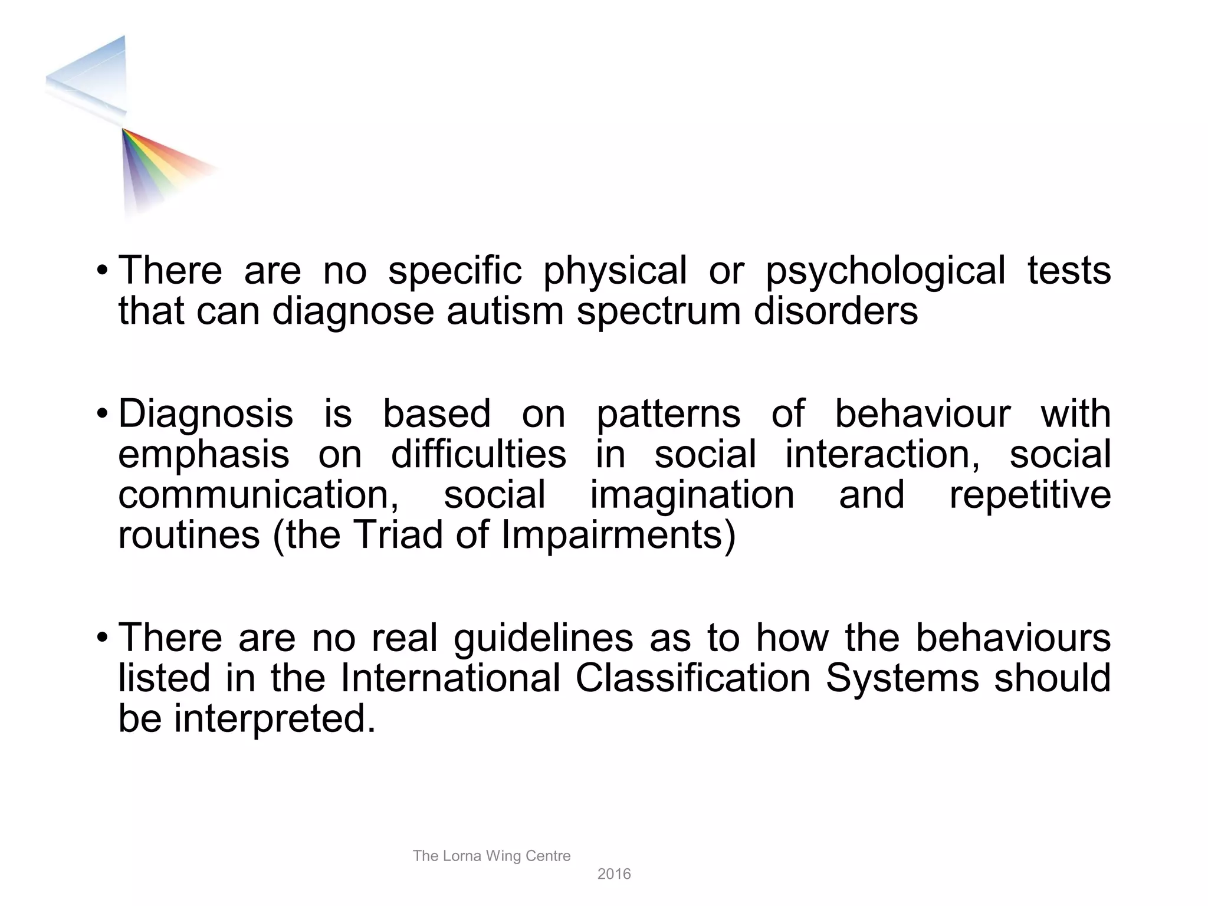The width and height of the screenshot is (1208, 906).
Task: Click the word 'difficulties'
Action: (x=478, y=455)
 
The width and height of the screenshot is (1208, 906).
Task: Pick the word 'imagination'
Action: (x=692, y=495)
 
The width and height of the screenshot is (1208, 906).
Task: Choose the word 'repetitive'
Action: (x=1030, y=495)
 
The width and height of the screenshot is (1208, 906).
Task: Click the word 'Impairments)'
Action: (x=619, y=535)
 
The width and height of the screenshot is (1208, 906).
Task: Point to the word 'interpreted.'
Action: (x=275, y=720)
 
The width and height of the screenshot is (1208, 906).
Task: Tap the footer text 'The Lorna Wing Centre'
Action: (x=491, y=856)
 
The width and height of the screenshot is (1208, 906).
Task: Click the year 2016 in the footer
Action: (x=614, y=874)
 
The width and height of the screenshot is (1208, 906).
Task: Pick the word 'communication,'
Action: (x=258, y=495)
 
